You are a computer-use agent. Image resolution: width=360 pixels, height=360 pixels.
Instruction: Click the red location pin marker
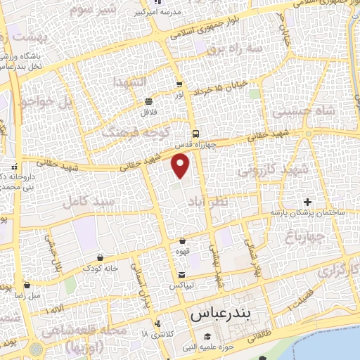pyautogui.click(x=181, y=166)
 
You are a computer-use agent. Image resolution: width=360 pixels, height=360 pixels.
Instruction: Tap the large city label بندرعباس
pyautogui.click(x=219, y=314)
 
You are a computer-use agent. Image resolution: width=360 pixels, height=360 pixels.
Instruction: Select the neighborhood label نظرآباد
pyautogui.click(x=207, y=202)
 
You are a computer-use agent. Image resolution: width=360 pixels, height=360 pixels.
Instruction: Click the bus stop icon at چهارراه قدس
pyautogui.click(x=195, y=134)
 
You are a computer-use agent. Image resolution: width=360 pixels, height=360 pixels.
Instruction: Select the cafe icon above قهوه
pyautogui.click(x=182, y=240)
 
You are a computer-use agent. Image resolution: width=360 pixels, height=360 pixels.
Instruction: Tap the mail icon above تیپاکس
pyautogui.click(x=182, y=274)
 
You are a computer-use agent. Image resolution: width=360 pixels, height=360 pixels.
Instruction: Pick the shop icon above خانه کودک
pyautogui.click(x=101, y=257)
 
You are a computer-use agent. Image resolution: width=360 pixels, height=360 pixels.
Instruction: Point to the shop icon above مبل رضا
pyautogui.click(x=27, y=285)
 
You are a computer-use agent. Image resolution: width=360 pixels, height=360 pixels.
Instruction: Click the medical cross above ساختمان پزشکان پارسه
pyautogui.click(x=307, y=202)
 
